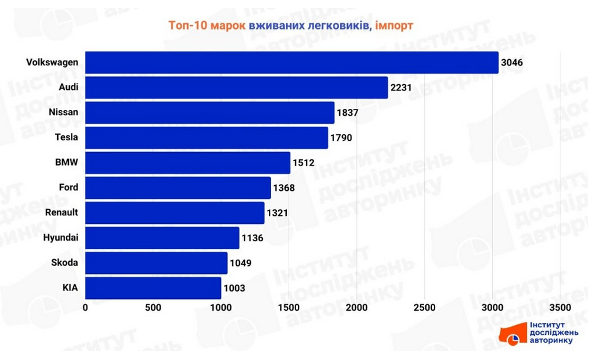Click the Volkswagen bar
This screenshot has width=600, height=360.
(291, 63)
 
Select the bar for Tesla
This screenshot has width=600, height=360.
(206, 138)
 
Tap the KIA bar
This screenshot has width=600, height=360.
(153, 288)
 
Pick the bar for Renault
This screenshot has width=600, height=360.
(175, 213)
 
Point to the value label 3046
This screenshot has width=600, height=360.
(513, 63)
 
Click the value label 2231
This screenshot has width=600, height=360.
(401, 88)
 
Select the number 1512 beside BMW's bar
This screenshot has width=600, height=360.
(303, 163)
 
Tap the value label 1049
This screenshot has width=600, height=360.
(240, 263)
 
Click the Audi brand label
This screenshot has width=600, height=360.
(68, 87)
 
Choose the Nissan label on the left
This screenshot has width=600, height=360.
(63, 113)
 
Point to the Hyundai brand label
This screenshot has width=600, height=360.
(60, 238)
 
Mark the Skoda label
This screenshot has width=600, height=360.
(65, 263)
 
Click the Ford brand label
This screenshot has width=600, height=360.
(68, 188)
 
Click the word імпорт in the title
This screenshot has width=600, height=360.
(394, 25)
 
